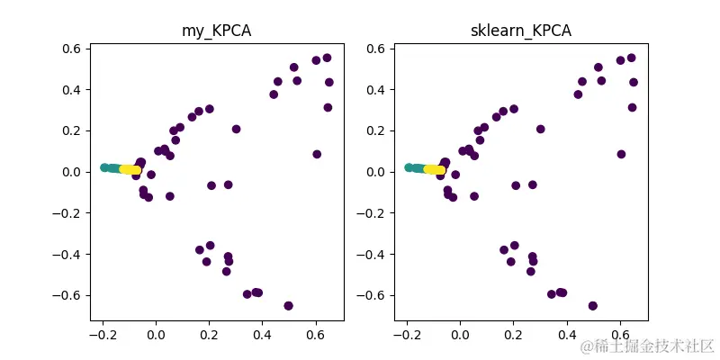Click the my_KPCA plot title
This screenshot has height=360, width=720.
click(x=217, y=31)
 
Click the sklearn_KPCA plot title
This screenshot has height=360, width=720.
click(x=521, y=31)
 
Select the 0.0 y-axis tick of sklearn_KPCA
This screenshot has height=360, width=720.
click(x=376, y=172)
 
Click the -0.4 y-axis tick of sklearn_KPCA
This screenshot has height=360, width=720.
click(x=373, y=254)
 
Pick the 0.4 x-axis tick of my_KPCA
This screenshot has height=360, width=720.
click(x=262, y=337)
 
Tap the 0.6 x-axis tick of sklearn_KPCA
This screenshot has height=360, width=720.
click(x=620, y=337)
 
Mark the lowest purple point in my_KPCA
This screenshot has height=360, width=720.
click(x=288, y=306)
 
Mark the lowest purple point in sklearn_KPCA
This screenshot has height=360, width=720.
click(x=592, y=306)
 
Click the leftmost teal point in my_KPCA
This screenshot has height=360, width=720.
click(x=104, y=167)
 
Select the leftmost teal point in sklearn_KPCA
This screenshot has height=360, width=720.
click(x=409, y=167)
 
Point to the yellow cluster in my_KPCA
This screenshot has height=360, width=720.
click(x=130, y=169)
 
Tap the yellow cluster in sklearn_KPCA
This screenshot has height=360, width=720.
click(x=435, y=169)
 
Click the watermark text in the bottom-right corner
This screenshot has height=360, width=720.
click(x=647, y=346)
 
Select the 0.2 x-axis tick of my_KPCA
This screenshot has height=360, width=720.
click(x=209, y=337)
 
